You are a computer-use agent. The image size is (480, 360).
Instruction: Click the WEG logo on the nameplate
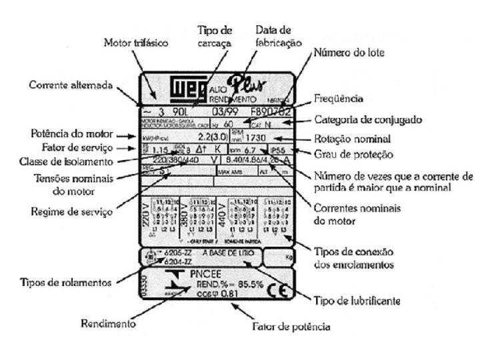[188, 90]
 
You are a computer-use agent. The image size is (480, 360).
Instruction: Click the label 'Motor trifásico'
[131, 43]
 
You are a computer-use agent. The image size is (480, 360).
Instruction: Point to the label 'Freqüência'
[339, 99]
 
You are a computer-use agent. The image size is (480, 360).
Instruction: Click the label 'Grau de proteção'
[352, 155]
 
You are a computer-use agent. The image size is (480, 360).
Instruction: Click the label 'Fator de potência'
[291, 327]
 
